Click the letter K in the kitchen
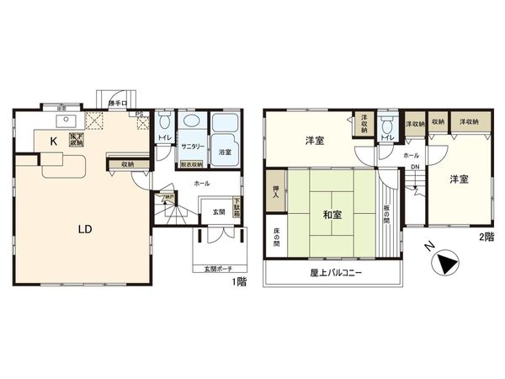(x=53, y=142)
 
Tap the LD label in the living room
(x=85, y=229)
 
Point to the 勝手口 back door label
(x=118, y=104)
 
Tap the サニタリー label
(x=191, y=147)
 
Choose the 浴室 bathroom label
(x=225, y=152)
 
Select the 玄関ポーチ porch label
(x=216, y=270)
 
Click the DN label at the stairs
(x=414, y=167)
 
